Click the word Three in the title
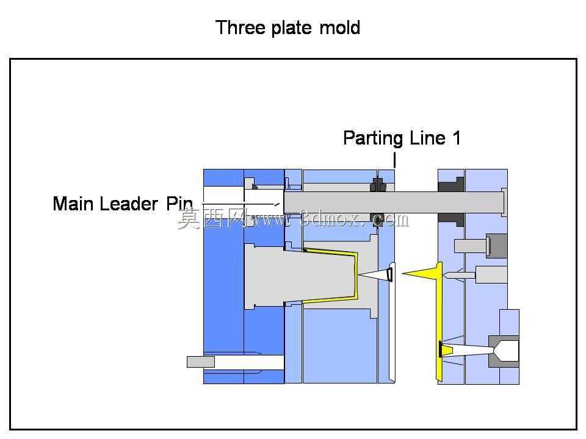[241, 27]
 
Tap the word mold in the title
[340, 27]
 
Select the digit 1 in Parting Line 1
[457, 138]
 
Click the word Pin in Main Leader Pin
[179, 204]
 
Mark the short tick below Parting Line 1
[395, 159]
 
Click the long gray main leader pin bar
[394, 202]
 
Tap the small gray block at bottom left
[201, 362]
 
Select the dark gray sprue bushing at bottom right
[503, 351]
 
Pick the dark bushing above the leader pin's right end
[451, 184]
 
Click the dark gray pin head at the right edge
[497, 246]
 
